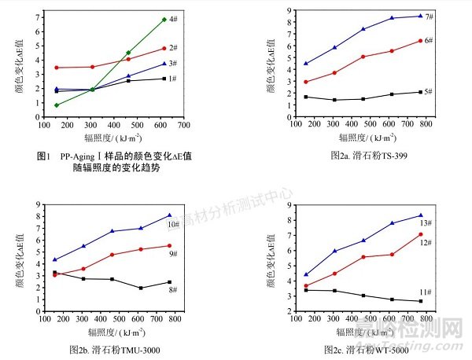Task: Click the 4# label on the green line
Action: [171, 18]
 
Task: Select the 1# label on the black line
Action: [171, 79]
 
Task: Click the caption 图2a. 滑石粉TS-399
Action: [367, 156]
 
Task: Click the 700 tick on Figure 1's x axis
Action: [184, 124]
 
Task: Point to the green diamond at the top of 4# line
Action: [164, 20]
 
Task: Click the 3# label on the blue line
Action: [171, 64]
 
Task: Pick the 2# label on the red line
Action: [171, 48]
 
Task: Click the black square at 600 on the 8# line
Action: [141, 288]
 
